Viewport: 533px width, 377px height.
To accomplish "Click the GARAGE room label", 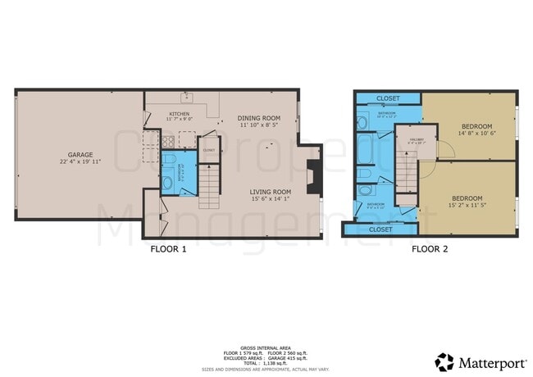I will pyautogui.click(x=80, y=154).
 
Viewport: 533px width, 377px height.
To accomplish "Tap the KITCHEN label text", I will pyautogui.click(x=180, y=115).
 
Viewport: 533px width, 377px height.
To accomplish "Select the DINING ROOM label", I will pyautogui.click(x=260, y=118).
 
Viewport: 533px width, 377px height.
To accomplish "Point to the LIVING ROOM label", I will pyautogui.click(x=271, y=191).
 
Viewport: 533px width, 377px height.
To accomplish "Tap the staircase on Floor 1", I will pyautogui.click(x=211, y=185).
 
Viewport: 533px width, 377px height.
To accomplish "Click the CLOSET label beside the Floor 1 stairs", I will pyautogui.click(x=208, y=151).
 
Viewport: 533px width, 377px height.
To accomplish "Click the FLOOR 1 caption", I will pyautogui.click(x=169, y=248).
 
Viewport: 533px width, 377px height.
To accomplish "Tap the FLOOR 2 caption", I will pyautogui.click(x=430, y=248).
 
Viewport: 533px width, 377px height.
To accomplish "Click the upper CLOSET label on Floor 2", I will pyautogui.click(x=389, y=98).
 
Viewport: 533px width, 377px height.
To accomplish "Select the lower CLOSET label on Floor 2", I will pyautogui.click(x=380, y=229).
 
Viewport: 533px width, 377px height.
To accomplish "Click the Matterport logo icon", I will pyautogui.click(x=444, y=361).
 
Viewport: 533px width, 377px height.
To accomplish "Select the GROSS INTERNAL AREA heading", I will pyautogui.click(x=266, y=347).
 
